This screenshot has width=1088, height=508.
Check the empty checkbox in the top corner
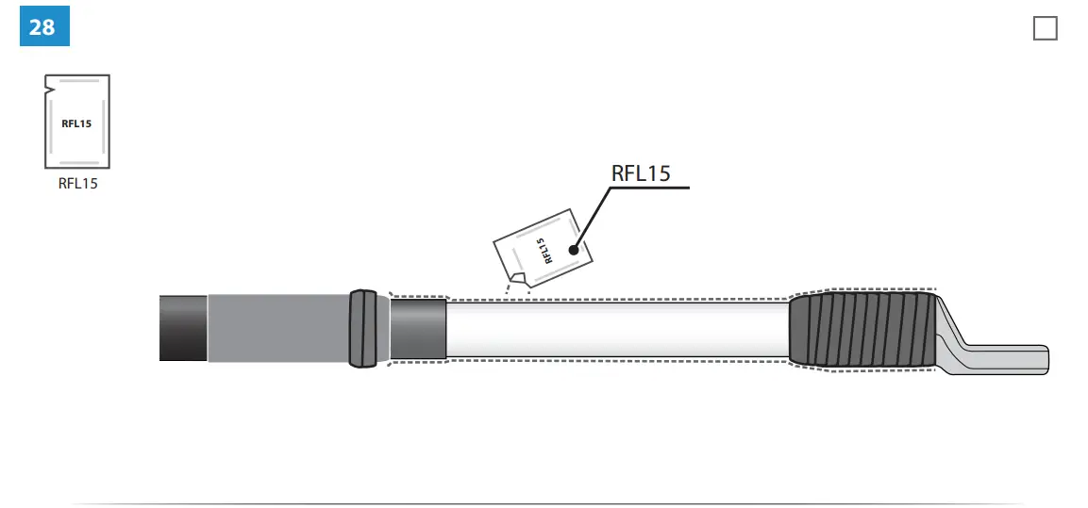coord(1045,28)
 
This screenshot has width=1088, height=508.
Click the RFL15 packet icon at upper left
coord(77,121)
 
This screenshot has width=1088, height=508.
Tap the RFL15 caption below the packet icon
coord(77,184)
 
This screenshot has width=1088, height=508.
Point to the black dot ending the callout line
coord(573,250)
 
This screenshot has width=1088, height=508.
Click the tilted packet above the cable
coord(542,247)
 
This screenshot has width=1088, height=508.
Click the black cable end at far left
coord(183,328)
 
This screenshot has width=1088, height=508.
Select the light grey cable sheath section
coord(278,328)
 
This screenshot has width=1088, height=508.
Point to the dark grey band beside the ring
coord(418,328)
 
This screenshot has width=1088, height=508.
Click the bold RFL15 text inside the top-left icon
coord(77,123)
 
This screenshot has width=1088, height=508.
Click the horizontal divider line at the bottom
coord(547,503)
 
